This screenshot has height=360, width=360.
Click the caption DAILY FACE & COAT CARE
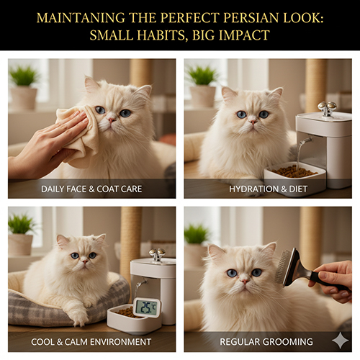click(x=91, y=189)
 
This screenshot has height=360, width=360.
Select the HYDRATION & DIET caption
click(x=268, y=189)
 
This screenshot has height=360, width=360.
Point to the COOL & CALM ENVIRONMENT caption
click(x=91, y=342)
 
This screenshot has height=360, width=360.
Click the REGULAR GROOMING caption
click(x=266, y=342)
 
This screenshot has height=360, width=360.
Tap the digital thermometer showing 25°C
click(x=147, y=307)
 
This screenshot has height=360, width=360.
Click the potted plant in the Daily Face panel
click(x=24, y=88)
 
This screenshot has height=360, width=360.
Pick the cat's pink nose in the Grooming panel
click(x=244, y=282)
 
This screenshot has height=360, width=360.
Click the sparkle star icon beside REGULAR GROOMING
click(x=341, y=341)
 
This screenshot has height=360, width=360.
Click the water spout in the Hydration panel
click(x=305, y=142)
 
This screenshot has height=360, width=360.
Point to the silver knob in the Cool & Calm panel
click(x=157, y=254)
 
